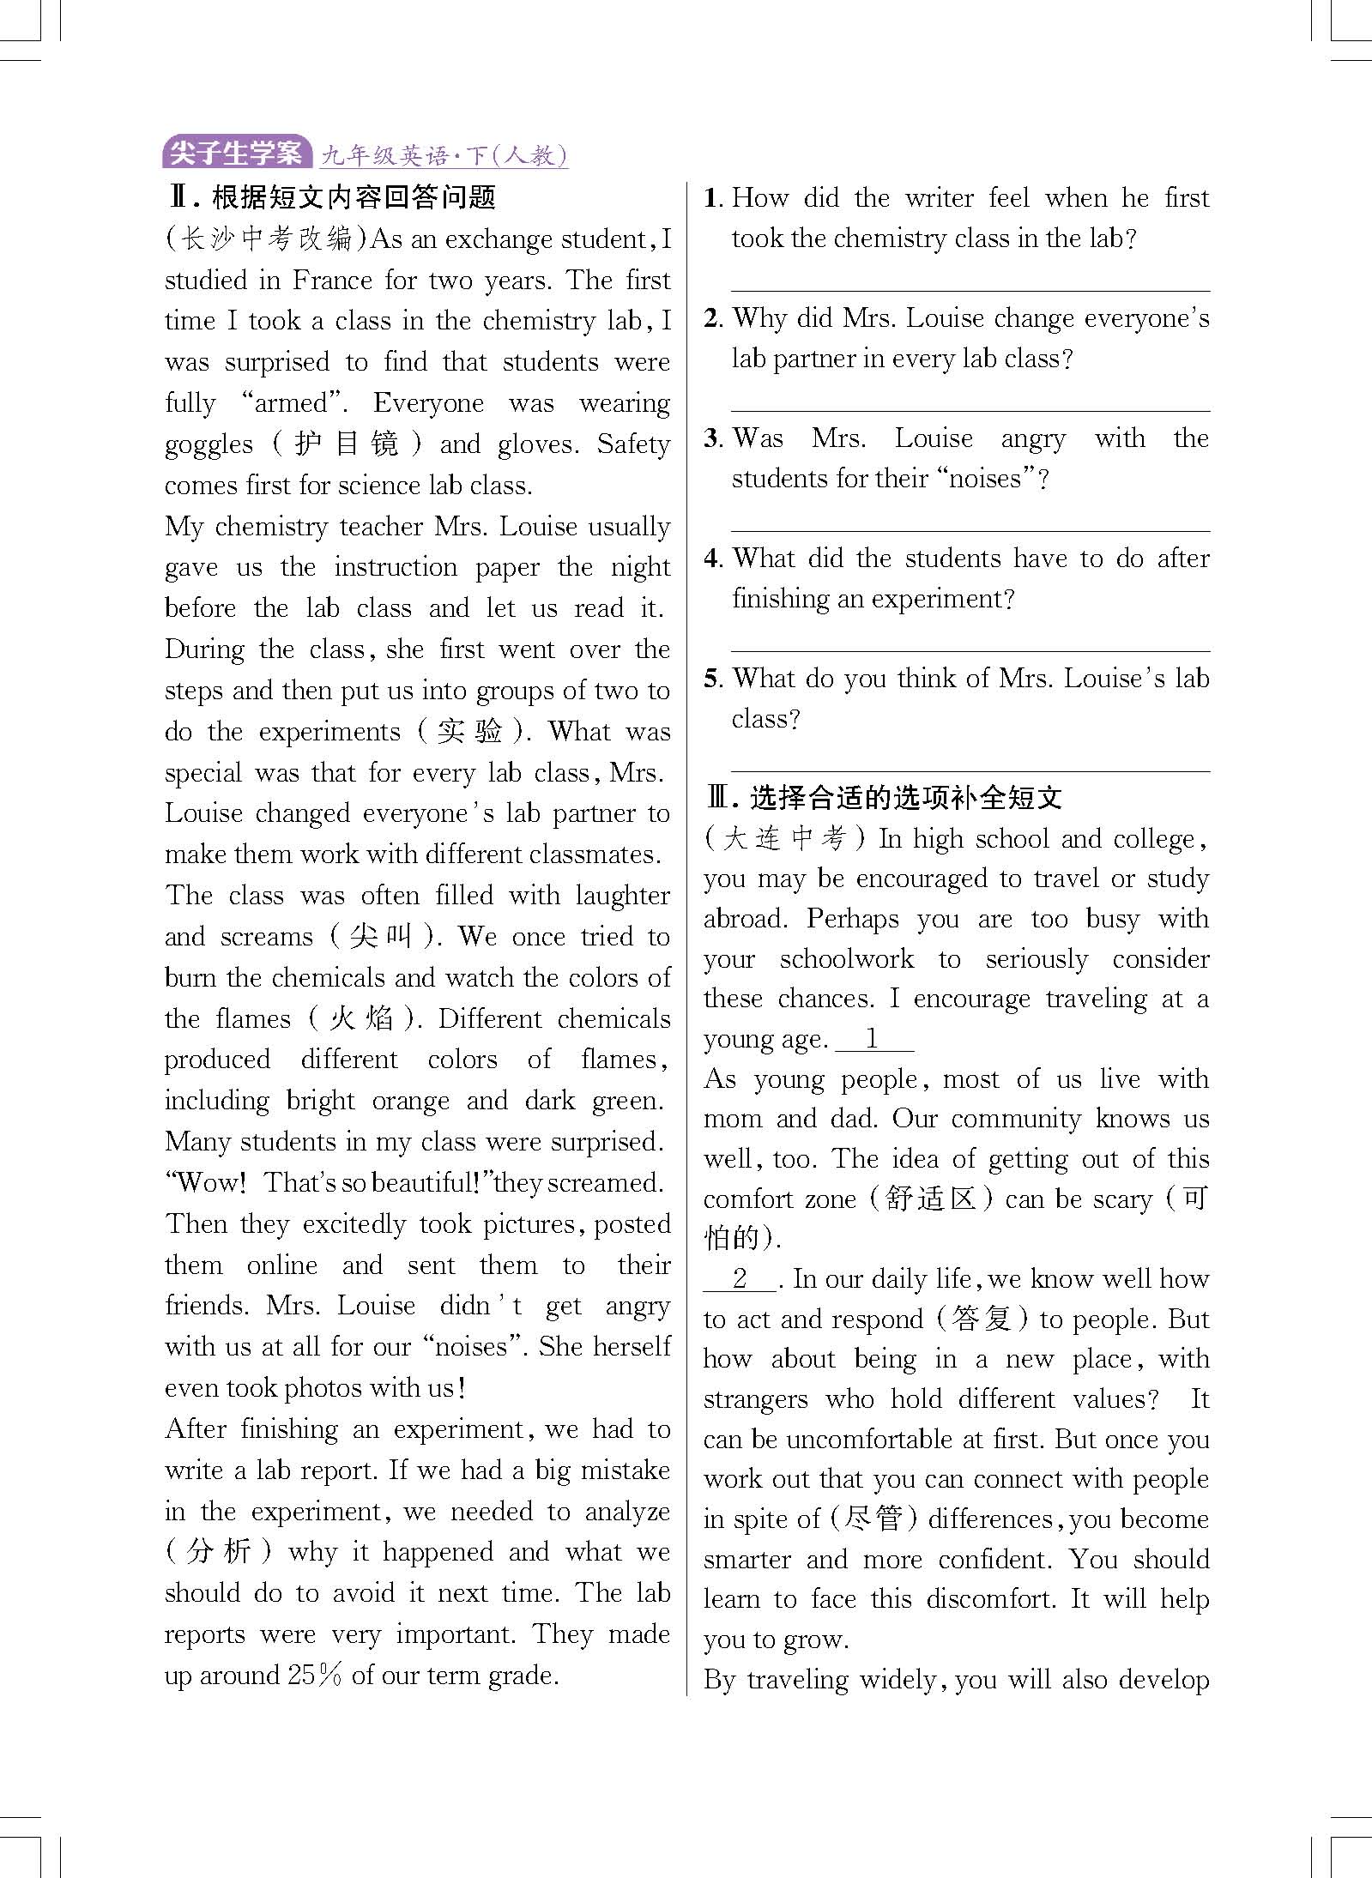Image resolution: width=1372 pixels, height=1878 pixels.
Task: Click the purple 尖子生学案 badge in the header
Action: [x=236, y=154]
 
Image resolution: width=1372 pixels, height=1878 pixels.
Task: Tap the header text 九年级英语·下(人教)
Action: [x=443, y=156]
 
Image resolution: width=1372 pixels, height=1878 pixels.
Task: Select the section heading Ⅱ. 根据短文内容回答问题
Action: [x=331, y=198]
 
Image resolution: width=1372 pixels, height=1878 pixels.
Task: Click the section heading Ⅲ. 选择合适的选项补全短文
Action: [x=884, y=798]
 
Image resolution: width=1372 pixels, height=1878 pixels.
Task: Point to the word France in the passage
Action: [x=332, y=281]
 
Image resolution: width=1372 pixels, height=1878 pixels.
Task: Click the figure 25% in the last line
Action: [x=315, y=1676]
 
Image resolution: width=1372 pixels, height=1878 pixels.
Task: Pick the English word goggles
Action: [x=209, y=445]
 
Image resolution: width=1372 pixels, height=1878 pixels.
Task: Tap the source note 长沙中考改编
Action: [x=266, y=239]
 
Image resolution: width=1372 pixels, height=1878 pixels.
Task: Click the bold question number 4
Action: [x=712, y=559]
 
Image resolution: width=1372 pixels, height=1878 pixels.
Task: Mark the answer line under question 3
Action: [x=970, y=530]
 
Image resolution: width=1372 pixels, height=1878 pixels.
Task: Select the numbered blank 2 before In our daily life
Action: [x=740, y=1279]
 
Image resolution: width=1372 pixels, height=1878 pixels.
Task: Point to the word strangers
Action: [x=755, y=1400]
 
